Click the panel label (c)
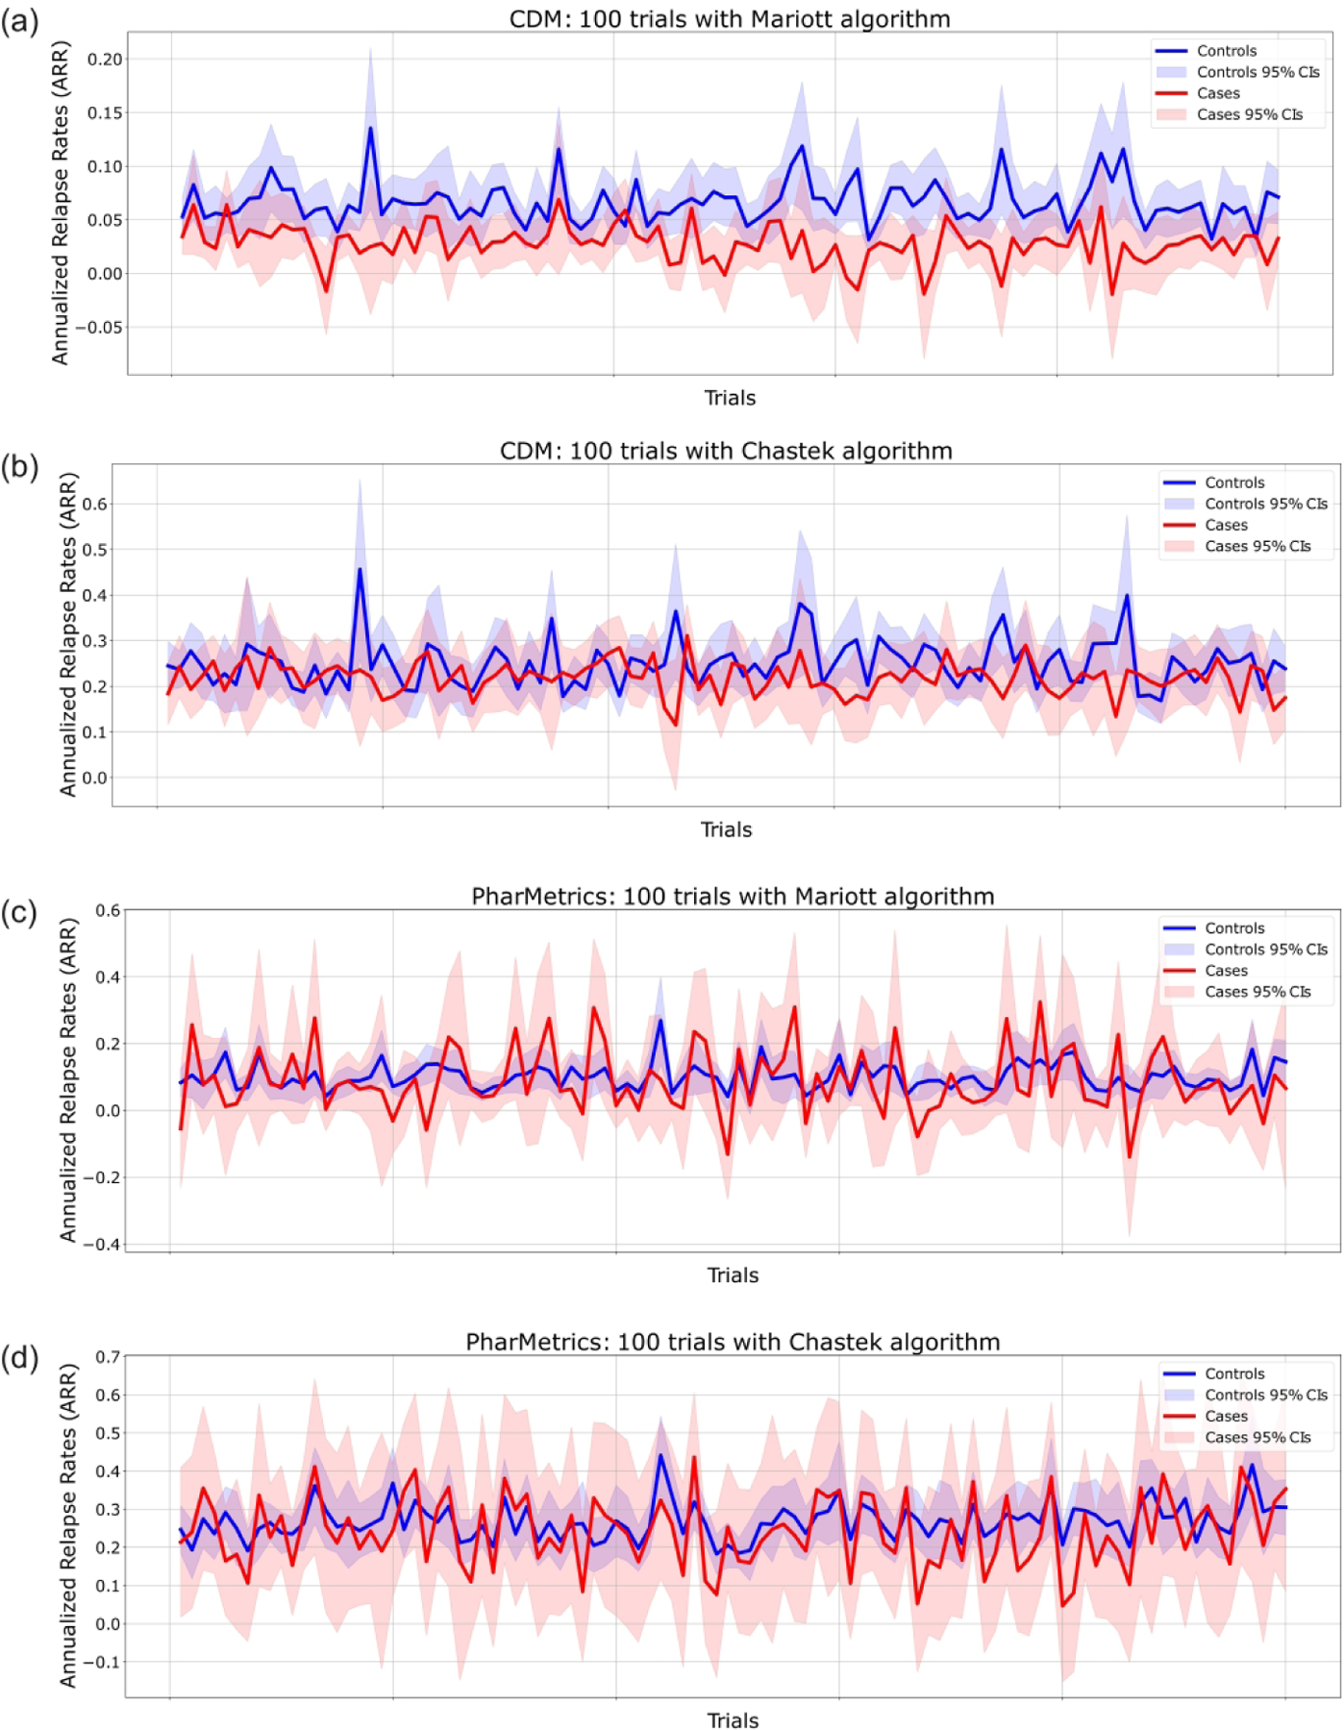19,912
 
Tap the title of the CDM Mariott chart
729,19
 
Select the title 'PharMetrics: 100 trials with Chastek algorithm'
733,1342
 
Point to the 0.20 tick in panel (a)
105,60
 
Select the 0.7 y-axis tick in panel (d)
108,1357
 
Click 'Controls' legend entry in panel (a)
1226,51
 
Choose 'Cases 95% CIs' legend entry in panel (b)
1257,546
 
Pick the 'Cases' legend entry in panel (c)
1226,971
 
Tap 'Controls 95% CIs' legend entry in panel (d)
1265,1395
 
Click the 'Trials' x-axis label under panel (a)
730,398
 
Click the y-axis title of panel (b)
67,634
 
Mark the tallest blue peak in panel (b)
361,569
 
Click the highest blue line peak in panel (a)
370,128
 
